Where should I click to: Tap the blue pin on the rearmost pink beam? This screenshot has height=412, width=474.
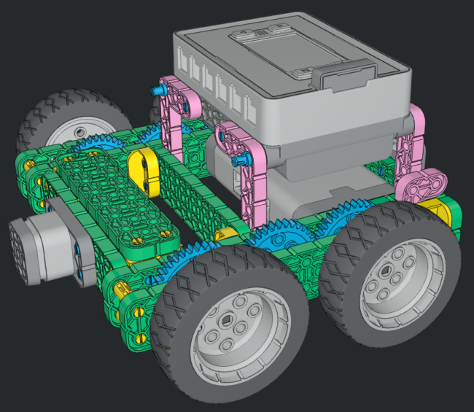click(157, 90)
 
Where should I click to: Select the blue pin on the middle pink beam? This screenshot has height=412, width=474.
click(236, 162)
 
